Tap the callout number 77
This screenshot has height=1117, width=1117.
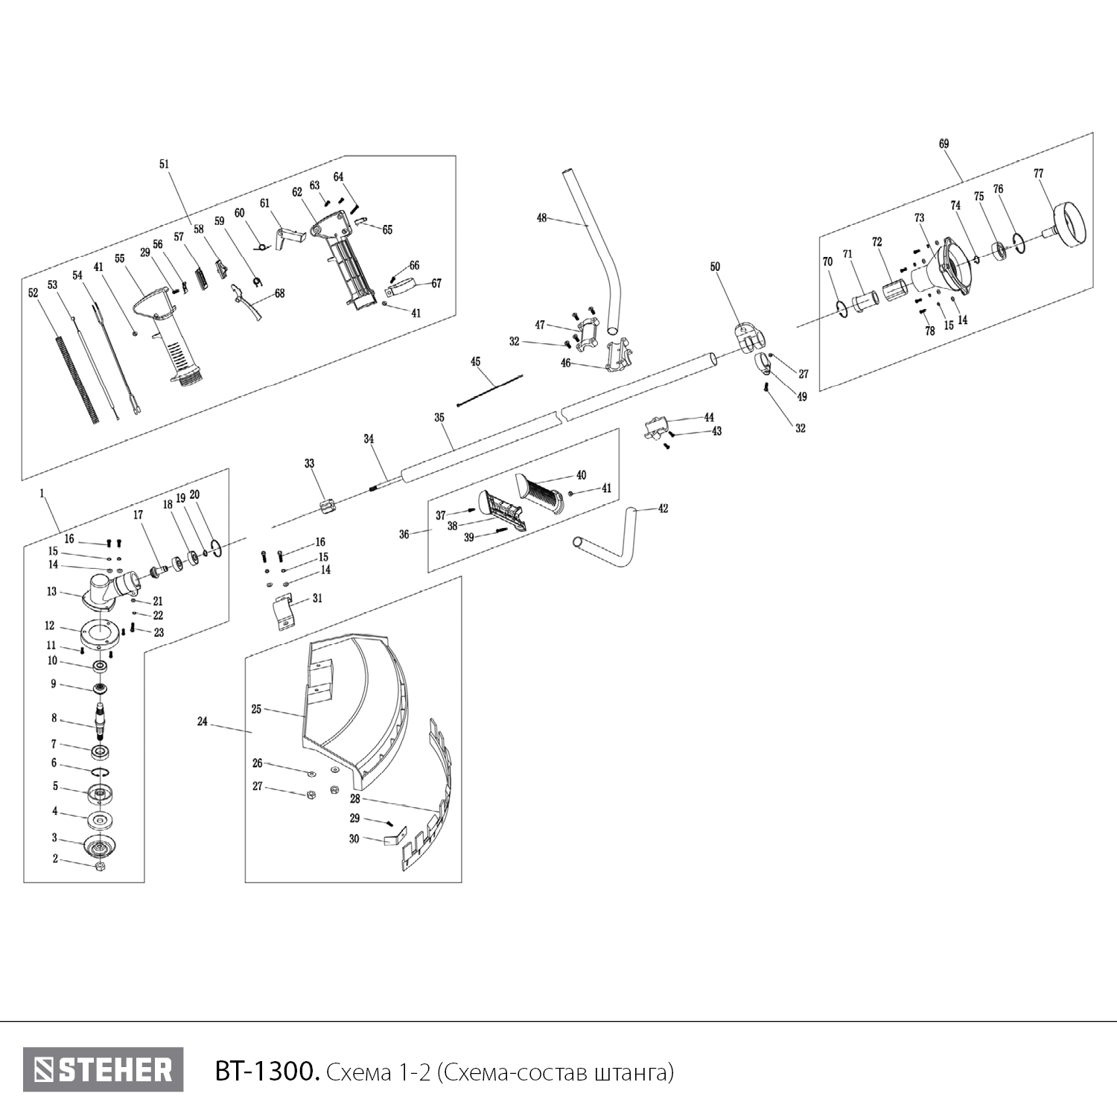[x=1038, y=174]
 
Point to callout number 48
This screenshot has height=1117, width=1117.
[x=541, y=218]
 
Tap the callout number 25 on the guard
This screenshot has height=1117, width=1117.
[x=256, y=710]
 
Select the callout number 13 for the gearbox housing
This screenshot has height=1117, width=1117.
[x=51, y=592]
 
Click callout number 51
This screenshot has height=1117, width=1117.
[x=165, y=164]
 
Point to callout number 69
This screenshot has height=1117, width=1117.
[x=943, y=144]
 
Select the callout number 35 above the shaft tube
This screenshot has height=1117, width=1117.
[x=439, y=418]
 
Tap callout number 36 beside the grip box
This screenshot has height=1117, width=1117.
[x=404, y=534]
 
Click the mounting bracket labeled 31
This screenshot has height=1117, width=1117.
[x=284, y=611]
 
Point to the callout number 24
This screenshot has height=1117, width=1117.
[x=203, y=722]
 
